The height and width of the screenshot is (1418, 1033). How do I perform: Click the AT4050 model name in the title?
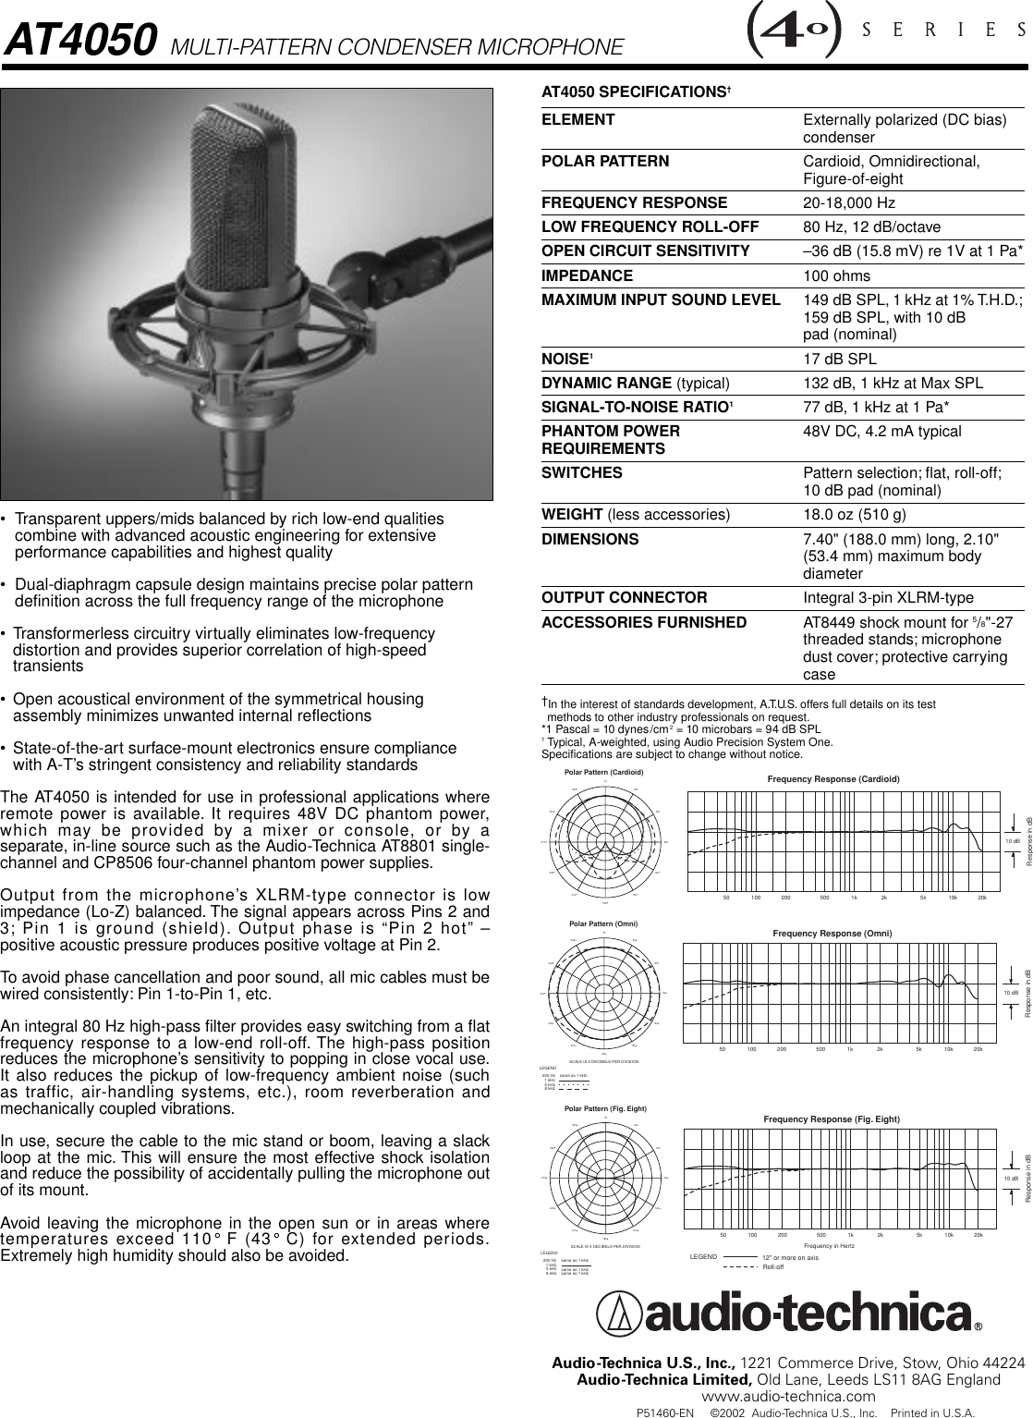point(79,42)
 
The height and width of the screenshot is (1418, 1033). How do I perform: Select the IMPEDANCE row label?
point(587,275)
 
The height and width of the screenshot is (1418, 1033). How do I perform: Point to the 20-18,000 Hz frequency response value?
point(849,202)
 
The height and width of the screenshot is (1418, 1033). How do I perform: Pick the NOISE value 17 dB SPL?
point(840,359)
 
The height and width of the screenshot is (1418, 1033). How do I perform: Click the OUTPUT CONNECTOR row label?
point(624,598)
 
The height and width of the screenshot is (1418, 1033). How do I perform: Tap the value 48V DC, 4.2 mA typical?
point(881,432)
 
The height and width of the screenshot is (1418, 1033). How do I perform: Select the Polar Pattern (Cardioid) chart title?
point(602,771)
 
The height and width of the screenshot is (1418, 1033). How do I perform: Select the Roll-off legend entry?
point(772,1266)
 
